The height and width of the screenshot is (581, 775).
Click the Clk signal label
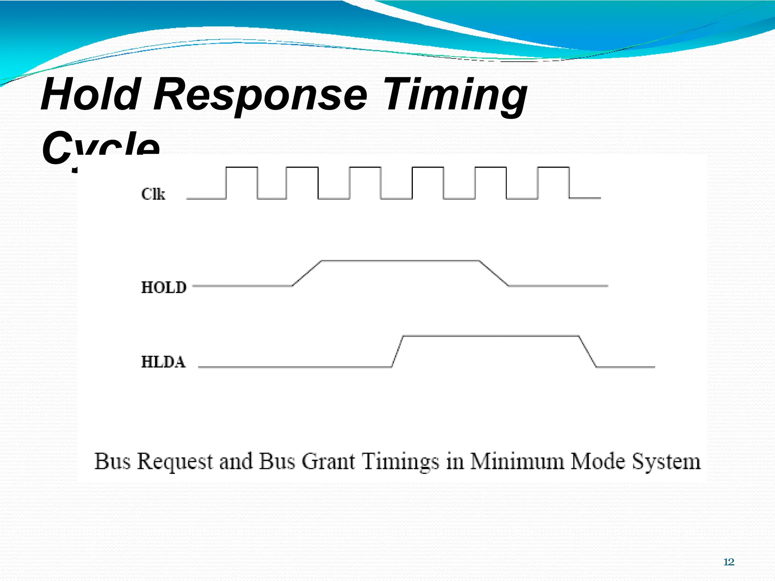(153, 194)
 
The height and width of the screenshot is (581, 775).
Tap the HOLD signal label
(164, 287)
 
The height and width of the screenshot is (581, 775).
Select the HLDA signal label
(163, 362)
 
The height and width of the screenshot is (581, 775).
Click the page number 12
(728, 562)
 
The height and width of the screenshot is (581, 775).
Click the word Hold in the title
(91, 94)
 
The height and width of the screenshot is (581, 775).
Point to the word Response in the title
(260, 95)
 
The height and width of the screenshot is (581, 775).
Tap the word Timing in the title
(456, 95)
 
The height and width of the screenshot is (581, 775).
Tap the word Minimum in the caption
(517, 461)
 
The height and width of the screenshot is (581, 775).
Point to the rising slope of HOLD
(307, 273)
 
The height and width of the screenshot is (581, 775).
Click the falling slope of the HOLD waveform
(493, 273)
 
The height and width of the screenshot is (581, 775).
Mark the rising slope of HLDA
(397, 351)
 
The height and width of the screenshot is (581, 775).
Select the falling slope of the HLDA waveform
(588, 351)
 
